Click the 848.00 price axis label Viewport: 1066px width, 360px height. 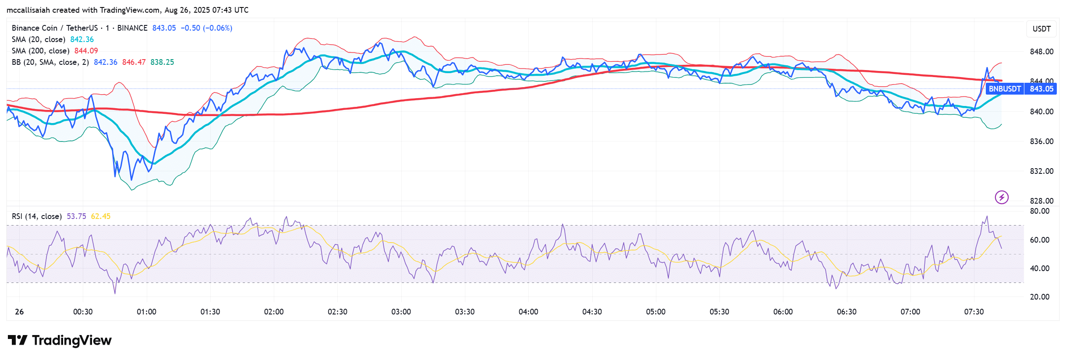[x=1041, y=52]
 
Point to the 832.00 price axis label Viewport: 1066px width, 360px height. [x=1041, y=171]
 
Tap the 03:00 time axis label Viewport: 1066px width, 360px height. [x=401, y=312]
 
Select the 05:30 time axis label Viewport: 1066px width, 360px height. [x=719, y=312]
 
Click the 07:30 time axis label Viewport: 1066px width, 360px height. [x=974, y=312]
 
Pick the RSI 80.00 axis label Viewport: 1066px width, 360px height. [x=1039, y=211]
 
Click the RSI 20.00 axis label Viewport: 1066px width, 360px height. [x=1039, y=297]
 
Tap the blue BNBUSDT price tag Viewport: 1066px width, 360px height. [x=1005, y=89]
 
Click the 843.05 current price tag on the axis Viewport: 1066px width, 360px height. [x=1041, y=89]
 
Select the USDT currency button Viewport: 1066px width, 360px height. [x=1041, y=29]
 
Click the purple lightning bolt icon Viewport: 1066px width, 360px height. [x=1002, y=198]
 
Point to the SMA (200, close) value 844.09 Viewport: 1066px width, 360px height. [x=86, y=51]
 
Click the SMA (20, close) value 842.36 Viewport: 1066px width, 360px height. [x=82, y=39]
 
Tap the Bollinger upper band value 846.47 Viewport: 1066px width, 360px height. [x=134, y=62]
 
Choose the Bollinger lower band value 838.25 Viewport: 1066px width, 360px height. [x=162, y=62]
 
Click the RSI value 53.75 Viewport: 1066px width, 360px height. [x=76, y=216]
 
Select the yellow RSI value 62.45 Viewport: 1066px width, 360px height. [x=101, y=216]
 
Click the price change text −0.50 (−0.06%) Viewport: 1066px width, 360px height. [x=206, y=28]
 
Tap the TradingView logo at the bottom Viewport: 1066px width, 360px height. [x=60, y=340]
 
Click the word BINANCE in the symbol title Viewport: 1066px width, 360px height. [x=132, y=28]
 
